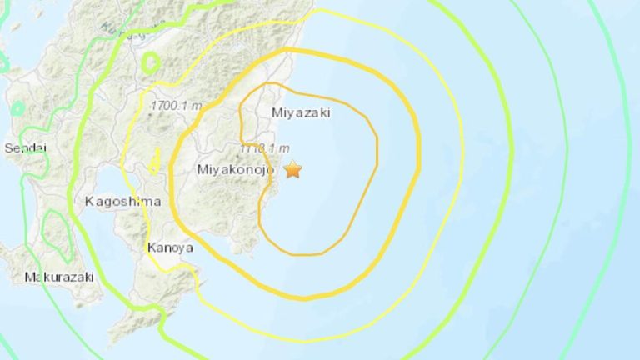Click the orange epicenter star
[x=292, y=170]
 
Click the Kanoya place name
[x=170, y=247]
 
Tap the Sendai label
[x=25, y=148]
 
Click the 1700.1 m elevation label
[x=177, y=106]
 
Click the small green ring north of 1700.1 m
[x=151, y=62]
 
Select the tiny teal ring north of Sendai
[x=17, y=108]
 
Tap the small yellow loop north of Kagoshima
[x=155, y=160]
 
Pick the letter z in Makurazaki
[x=72, y=277]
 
